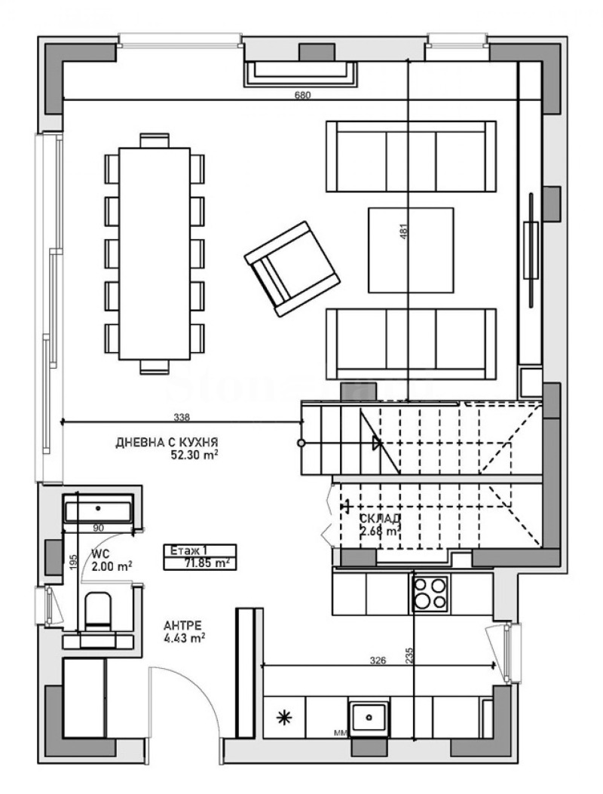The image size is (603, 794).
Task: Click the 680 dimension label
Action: pos(302,95)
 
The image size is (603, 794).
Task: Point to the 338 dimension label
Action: pos(182,416)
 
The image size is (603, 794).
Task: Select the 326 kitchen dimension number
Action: pos(378,661)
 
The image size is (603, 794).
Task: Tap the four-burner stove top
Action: pos(431,593)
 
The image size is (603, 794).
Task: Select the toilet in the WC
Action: pos(98,611)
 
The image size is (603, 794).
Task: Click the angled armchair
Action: pos(292,268)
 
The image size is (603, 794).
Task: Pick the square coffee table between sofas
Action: pos(411,249)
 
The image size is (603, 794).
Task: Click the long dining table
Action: pos(155,253)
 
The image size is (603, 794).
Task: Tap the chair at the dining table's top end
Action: pos(155,139)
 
